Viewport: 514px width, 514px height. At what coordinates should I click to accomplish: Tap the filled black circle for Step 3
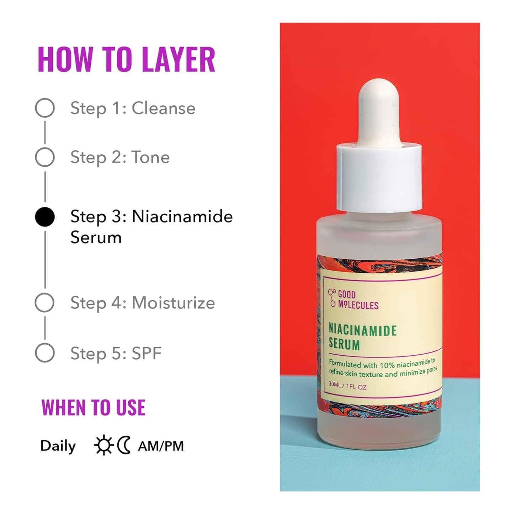[x=45, y=217]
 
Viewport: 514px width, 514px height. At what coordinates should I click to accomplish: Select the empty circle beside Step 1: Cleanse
[x=45, y=108]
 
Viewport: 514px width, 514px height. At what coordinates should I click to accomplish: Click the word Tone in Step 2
[x=150, y=157]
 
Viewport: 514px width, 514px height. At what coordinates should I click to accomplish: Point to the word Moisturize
[x=173, y=303]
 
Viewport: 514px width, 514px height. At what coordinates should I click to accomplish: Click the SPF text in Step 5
[x=147, y=354]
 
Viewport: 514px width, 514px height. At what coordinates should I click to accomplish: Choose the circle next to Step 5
[x=45, y=353]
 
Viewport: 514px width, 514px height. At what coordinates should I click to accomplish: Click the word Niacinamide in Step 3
[x=182, y=216]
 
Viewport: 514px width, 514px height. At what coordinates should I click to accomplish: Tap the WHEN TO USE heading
[x=93, y=408]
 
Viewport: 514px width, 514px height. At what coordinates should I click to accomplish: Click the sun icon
[x=104, y=446]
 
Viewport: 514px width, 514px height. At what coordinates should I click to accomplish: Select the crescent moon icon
[x=124, y=446]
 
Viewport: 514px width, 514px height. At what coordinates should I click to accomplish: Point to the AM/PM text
[x=161, y=446]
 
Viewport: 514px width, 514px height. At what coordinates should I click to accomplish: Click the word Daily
[x=58, y=446]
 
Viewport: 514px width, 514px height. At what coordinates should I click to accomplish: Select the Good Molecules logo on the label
[x=353, y=300]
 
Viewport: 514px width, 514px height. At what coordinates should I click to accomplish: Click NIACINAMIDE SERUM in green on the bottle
[x=362, y=337]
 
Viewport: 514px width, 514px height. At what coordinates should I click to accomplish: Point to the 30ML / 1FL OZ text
[x=347, y=386]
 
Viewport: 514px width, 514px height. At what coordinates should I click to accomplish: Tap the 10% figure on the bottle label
[x=387, y=365]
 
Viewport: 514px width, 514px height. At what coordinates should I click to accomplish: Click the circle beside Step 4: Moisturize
[x=45, y=303]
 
